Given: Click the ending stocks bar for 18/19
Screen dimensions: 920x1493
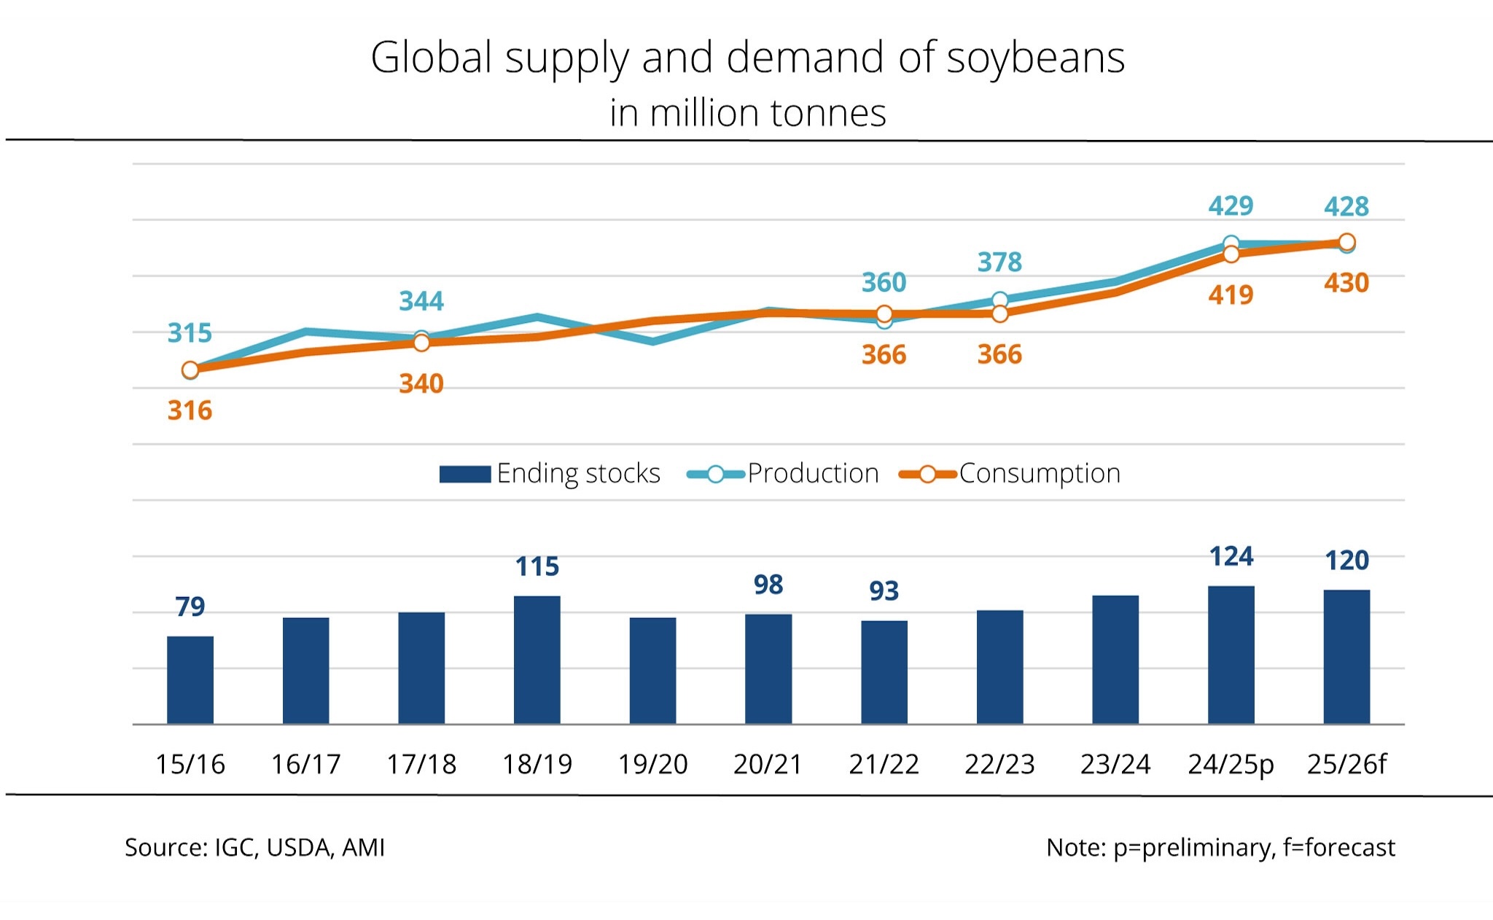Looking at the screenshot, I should [537, 660].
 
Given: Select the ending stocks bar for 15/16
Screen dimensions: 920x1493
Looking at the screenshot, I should [190, 679].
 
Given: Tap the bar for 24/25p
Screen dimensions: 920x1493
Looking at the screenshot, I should [1231, 655].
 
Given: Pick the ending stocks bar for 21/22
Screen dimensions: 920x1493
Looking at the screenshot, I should [884, 672].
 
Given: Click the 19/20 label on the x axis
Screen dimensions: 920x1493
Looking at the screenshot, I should [652, 764].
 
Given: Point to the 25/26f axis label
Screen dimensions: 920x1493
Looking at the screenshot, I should [1346, 764].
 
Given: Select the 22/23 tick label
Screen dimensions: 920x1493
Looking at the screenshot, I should [999, 764].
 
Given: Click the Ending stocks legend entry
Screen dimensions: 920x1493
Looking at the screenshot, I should [550, 474].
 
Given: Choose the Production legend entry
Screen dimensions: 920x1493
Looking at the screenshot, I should [784, 474].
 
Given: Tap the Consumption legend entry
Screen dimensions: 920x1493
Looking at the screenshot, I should [1010, 474].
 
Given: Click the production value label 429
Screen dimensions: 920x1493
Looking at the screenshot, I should [1231, 206].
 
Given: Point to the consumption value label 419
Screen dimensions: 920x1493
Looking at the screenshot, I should [1231, 295].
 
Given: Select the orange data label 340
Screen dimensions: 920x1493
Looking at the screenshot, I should [421, 384].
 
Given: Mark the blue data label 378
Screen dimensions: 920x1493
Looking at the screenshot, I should [999, 262].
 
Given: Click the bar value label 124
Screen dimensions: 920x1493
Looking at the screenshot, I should [1231, 557].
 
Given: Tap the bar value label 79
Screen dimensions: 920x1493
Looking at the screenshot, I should [190, 607].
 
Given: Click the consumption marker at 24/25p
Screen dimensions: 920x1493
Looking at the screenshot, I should [1231, 254].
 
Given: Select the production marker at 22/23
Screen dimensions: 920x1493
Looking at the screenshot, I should [1000, 300].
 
